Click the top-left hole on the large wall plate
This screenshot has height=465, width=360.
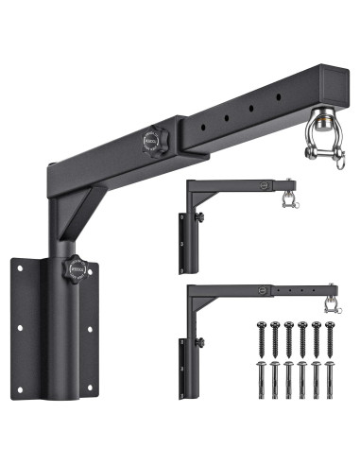click(x=20, y=268)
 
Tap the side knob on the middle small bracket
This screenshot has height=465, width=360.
click(x=201, y=219)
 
